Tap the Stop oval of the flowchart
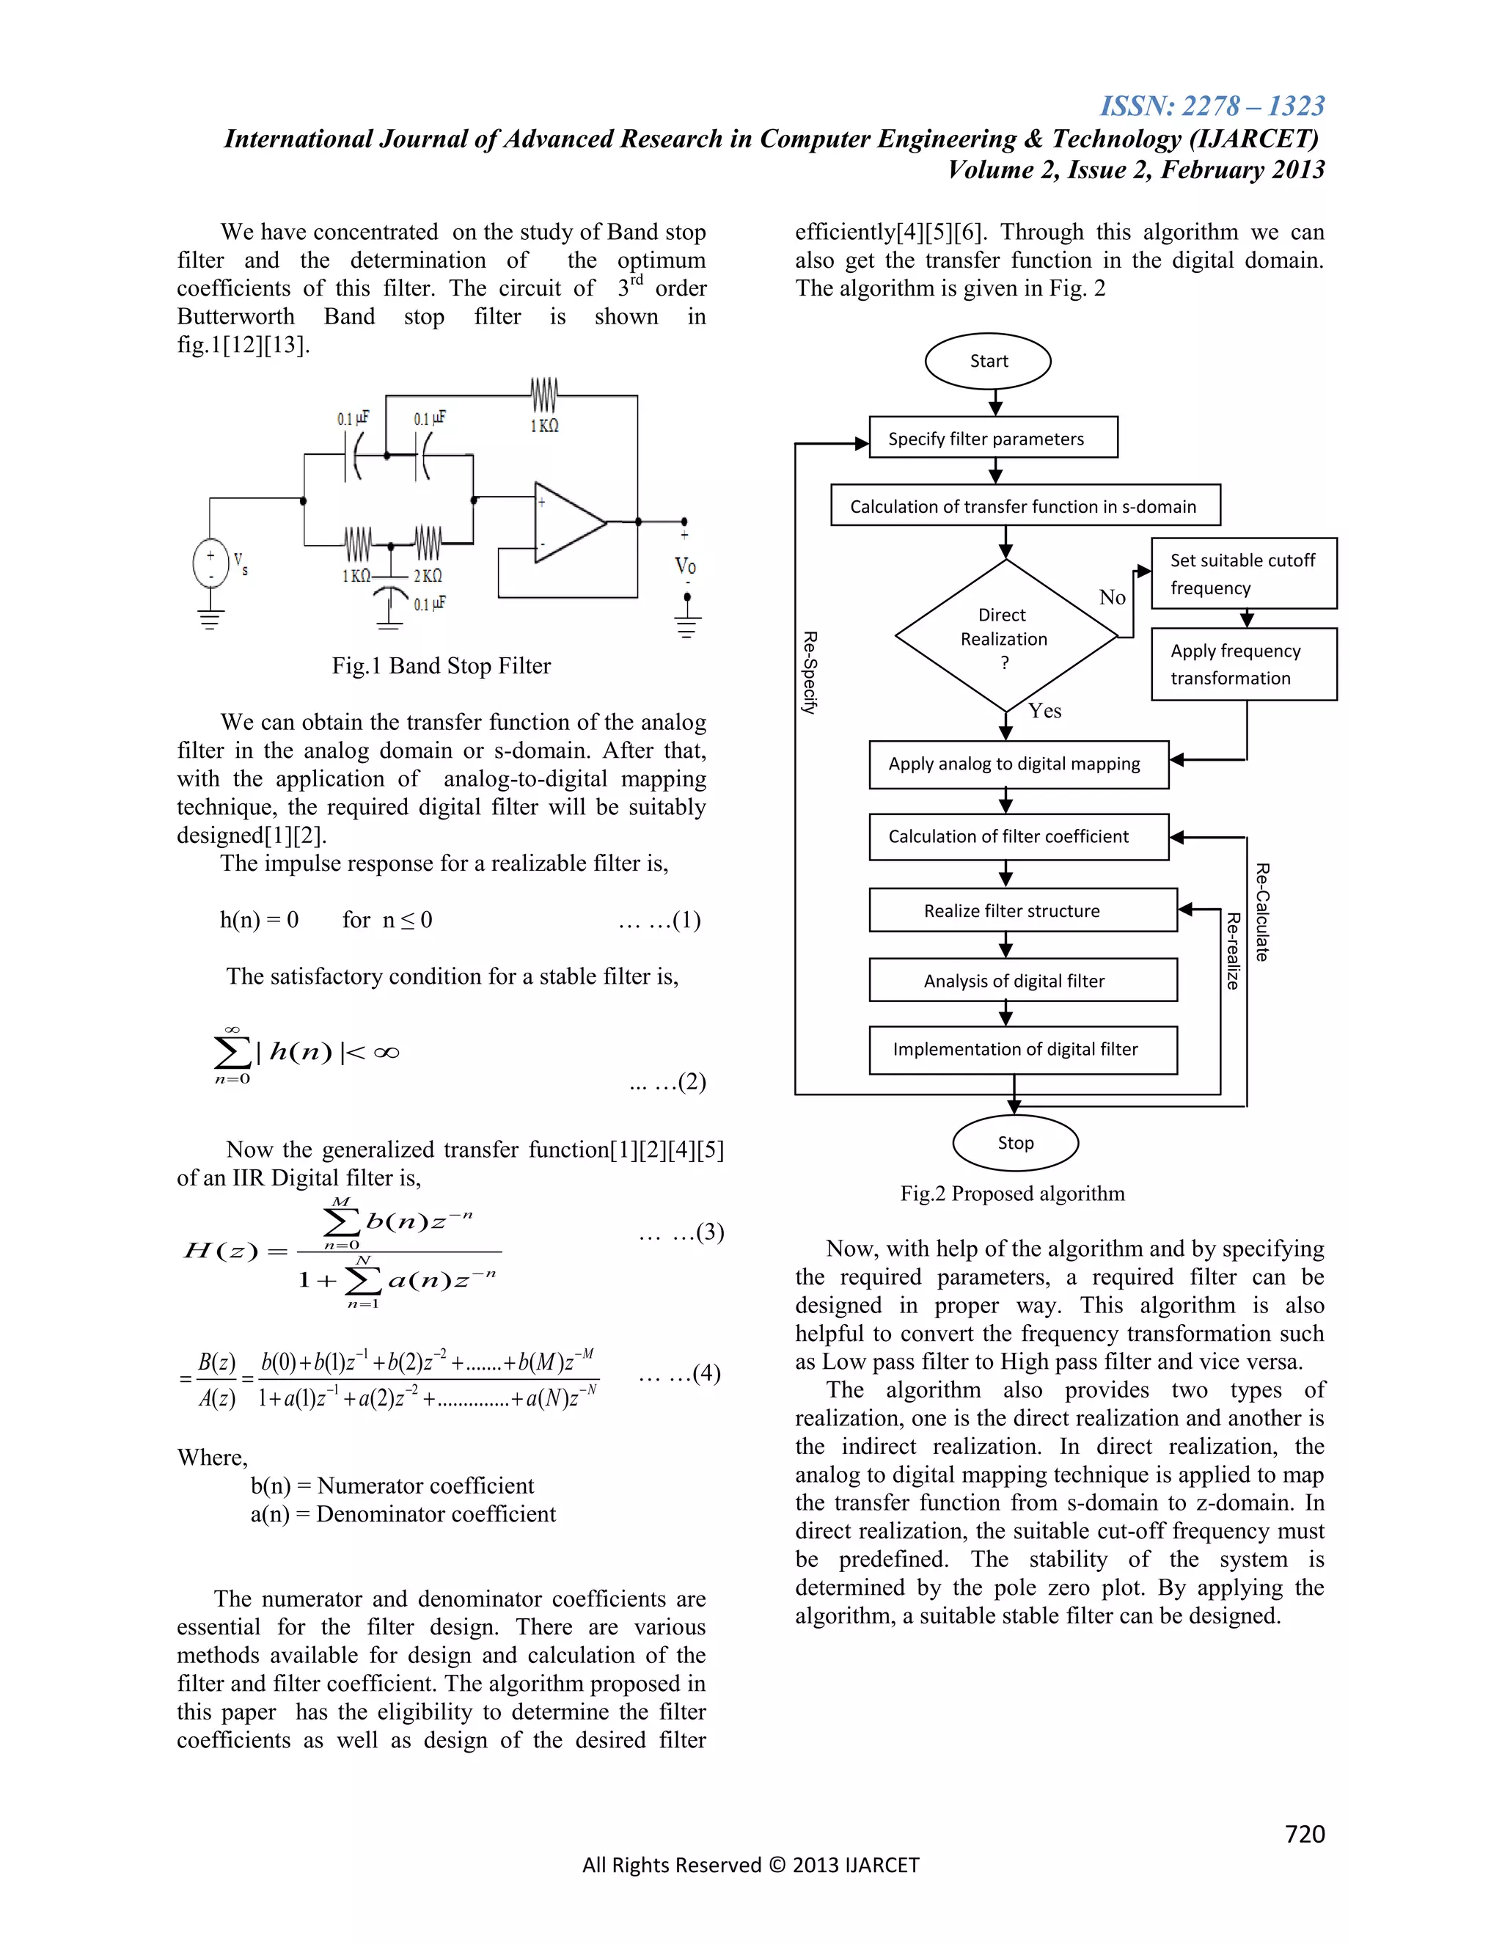click(x=1015, y=1143)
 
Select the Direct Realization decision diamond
click(x=1005, y=637)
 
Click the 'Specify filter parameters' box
click(x=993, y=438)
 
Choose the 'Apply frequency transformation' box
click(x=1244, y=664)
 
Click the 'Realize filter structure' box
click(x=1022, y=910)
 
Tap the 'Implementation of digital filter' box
click(x=1022, y=1050)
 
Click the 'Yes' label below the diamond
click(x=1044, y=710)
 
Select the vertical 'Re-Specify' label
click(x=809, y=673)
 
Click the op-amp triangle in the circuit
click(x=568, y=522)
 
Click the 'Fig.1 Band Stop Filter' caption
click(x=442, y=666)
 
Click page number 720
click(x=1305, y=1834)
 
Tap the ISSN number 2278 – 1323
click(x=1212, y=106)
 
